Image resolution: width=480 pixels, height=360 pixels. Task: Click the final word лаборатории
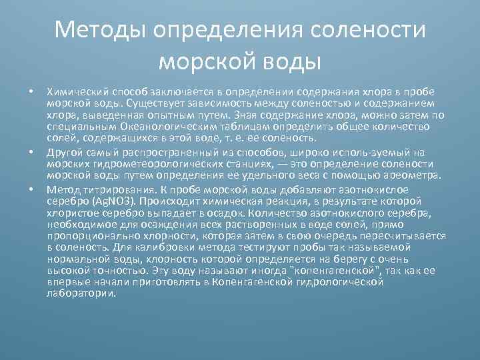[81, 293]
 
